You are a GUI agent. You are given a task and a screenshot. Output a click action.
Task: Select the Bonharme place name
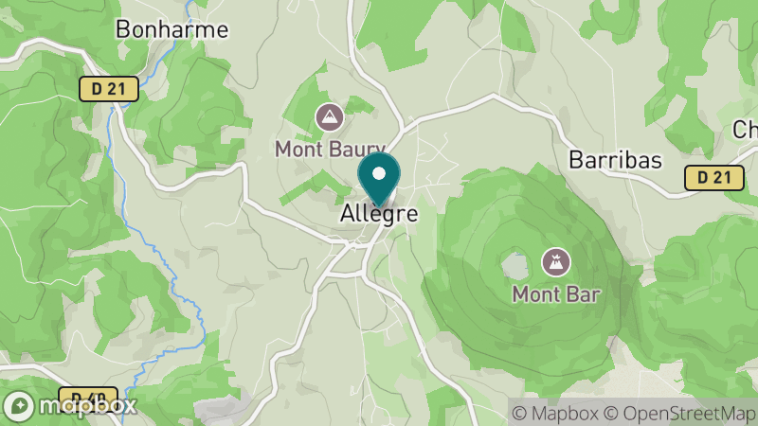click(x=171, y=29)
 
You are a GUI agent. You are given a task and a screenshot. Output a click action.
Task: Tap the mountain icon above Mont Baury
click(x=330, y=117)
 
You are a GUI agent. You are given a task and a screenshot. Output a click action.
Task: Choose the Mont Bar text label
click(x=556, y=293)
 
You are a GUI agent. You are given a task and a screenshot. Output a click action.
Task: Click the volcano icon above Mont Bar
click(x=555, y=260)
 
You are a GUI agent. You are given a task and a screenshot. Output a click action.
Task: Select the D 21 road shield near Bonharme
click(x=109, y=89)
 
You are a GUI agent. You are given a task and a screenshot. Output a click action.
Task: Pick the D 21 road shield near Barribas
click(x=713, y=177)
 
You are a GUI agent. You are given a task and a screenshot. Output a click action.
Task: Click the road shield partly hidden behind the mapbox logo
click(x=90, y=397)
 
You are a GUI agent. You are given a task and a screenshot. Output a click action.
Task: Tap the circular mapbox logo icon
click(x=21, y=404)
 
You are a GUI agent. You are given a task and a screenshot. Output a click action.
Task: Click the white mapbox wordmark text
click(x=86, y=406)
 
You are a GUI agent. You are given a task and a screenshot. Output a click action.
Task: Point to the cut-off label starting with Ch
click(x=746, y=130)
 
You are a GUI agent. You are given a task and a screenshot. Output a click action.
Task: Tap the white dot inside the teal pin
click(x=379, y=173)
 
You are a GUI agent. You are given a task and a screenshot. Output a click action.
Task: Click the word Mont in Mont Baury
click(x=297, y=149)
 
